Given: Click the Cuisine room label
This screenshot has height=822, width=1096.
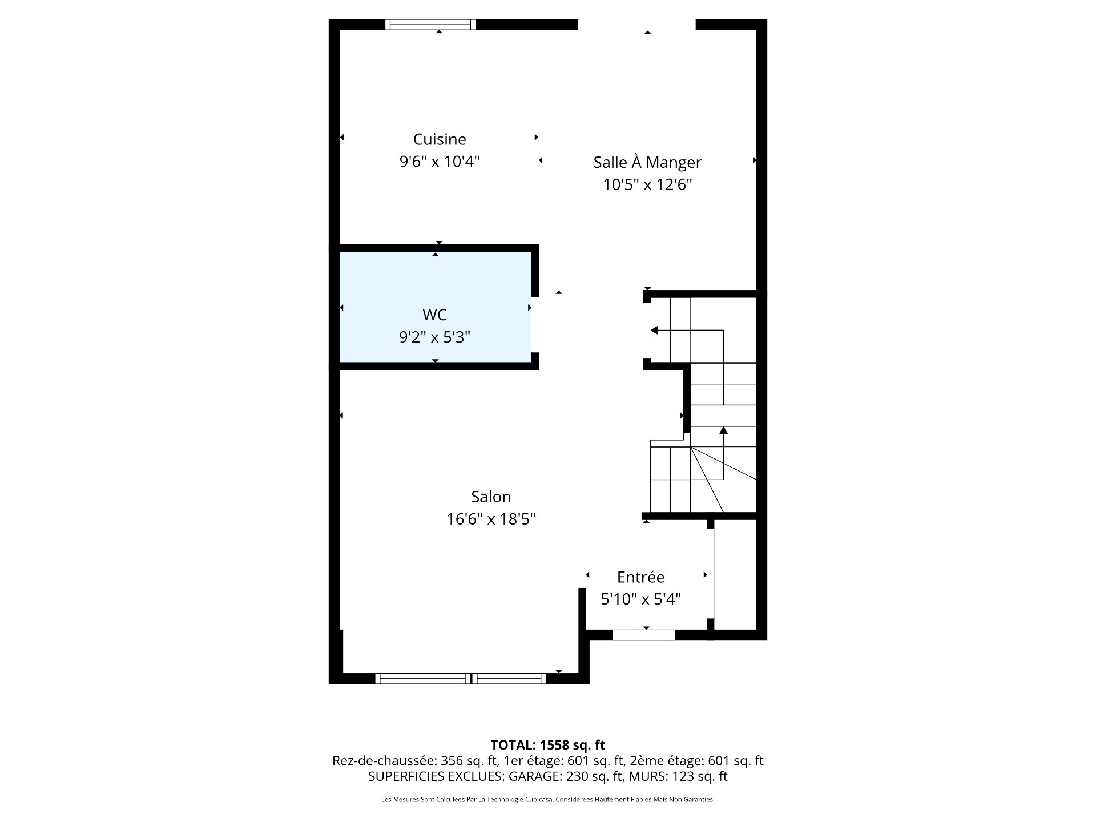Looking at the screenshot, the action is [440, 139].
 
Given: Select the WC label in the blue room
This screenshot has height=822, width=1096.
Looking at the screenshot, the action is [434, 315].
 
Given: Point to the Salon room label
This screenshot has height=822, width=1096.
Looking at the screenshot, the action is [491, 497].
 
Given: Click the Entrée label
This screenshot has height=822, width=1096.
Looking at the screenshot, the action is [640, 577].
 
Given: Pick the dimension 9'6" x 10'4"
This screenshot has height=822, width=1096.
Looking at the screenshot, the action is [440, 162].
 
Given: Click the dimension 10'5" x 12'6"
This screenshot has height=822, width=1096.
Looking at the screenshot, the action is [647, 185].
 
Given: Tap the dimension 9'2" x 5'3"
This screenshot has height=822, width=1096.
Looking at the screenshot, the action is [434, 337].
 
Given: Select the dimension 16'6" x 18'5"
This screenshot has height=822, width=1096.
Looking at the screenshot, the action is [491, 519].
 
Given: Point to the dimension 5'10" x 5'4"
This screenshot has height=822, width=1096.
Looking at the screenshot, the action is [640, 599].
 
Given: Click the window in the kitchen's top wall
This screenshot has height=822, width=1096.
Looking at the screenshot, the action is [430, 25].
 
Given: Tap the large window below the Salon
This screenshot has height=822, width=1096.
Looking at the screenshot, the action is [461, 678].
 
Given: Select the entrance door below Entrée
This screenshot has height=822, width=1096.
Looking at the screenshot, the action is [644, 635].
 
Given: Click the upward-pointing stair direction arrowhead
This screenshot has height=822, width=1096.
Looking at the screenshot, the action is [723, 430].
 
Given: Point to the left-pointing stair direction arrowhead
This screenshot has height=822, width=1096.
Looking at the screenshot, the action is [654, 330].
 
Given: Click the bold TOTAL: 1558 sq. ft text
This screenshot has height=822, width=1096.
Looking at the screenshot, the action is [548, 745].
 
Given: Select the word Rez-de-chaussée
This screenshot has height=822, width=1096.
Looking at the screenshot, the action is [385, 761].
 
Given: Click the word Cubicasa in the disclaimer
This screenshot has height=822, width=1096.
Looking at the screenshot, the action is [538, 800].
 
